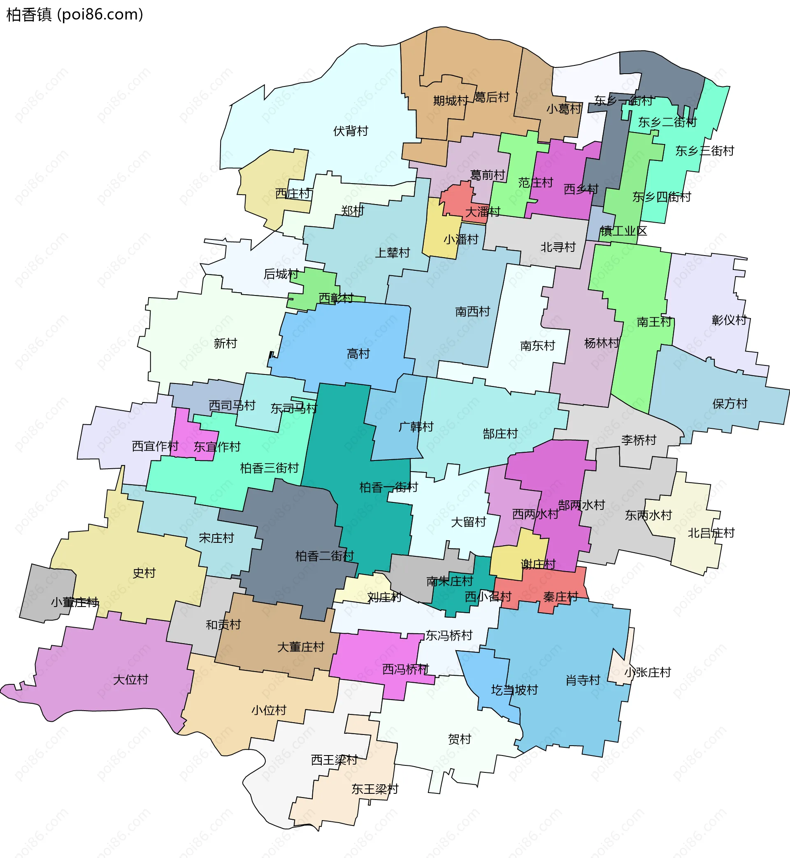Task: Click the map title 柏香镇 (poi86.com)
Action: pos(75,14)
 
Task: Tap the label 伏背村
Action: pos(351,131)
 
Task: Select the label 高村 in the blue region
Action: pos(358,353)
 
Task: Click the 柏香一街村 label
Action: pos(388,487)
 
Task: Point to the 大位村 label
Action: pos(130,679)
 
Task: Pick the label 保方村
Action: pos(730,403)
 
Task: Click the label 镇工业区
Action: pos(623,231)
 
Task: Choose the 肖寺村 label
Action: pos(583,680)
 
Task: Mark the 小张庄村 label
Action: pos(647,672)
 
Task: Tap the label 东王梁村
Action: pos(374,789)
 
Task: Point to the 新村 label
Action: pos(225,343)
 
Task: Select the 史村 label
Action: pos(144,572)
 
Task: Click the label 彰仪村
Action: pos(729,319)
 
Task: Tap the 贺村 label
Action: pos(460,739)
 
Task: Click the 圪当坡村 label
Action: pos(514,690)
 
